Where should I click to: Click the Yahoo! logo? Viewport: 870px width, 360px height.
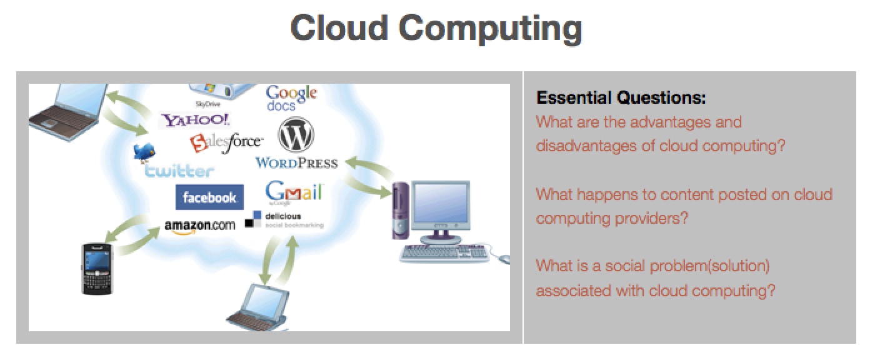(196, 120)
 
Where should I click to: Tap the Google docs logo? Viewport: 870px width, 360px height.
(291, 98)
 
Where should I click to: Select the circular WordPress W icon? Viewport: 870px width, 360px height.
(296, 134)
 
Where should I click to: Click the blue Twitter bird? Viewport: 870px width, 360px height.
(144, 152)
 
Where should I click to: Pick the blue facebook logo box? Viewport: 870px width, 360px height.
(210, 197)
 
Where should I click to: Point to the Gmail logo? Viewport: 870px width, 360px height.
(294, 192)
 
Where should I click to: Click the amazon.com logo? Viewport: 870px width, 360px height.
(200, 227)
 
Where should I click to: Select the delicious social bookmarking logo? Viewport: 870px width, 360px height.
(284, 220)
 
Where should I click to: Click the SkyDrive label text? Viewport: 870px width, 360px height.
(207, 104)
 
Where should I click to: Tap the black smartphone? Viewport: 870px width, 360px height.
(97, 268)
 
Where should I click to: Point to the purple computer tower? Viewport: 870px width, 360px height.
(401, 210)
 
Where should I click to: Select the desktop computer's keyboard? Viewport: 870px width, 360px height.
(445, 253)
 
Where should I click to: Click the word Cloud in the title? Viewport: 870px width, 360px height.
(339, 28)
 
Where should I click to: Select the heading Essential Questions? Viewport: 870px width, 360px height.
(621, 97)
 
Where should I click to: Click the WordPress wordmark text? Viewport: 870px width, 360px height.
(297, 163)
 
